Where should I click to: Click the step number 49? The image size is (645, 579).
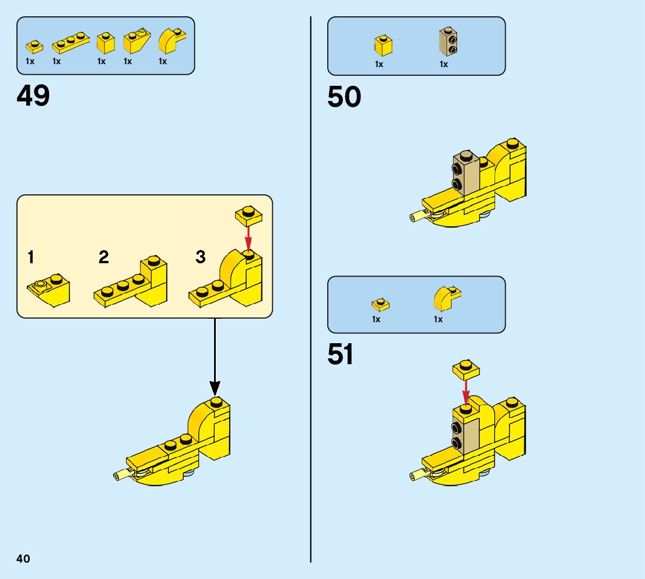pyautogui.click(x=33, y=96)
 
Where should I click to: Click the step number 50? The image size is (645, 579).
pyautogui.click(x=344, y=97)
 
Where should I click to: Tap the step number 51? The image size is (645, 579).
pyautogui.click(x=341, y=355)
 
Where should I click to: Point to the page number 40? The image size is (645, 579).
pyautogui.click(x=23, y=559)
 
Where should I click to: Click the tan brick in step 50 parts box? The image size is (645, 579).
pyautogui.click(x=447, y=42)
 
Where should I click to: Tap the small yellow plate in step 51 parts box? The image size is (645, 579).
pyautogui.click(x=380, y=304)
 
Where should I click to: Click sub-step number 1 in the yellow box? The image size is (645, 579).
pyautogui.click(x=31, y=257)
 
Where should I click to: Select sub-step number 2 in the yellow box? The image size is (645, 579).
pyautogui.click(x=104, y=257)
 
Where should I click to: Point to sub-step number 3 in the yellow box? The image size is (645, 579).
pyautogui.click(x=201, y=257)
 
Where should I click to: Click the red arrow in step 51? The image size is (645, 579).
pyautogui.click(x=465, y=388)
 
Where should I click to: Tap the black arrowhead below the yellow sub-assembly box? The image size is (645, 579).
pyautogui.click(x=215, y=387)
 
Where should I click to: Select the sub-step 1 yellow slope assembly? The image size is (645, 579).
pyautogui.click(x=50, y=288)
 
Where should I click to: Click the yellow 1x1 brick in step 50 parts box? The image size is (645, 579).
pyautogui.click(x=384, y=45)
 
